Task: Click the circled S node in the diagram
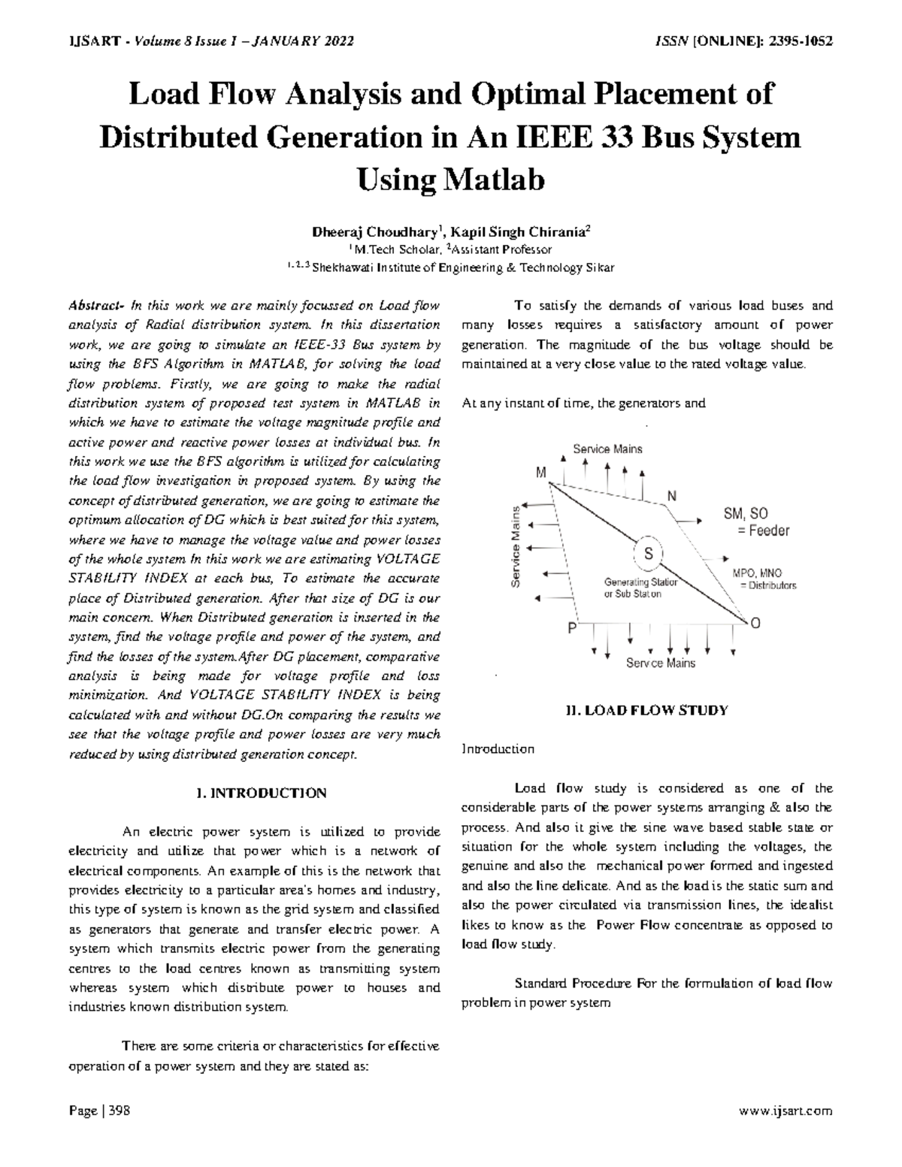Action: point(648,554)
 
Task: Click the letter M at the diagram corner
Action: point(540,473)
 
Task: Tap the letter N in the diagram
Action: point(671,496)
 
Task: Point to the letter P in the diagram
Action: point(572,627)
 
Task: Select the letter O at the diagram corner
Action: point(755,623)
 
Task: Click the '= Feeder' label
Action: point(763,531)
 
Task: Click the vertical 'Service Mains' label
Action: point(516,546)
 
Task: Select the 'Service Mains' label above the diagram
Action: point(607,449)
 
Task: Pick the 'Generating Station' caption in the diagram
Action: point(640,582)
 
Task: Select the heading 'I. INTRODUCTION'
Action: point(260,793)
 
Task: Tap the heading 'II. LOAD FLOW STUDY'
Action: point(646,709)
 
